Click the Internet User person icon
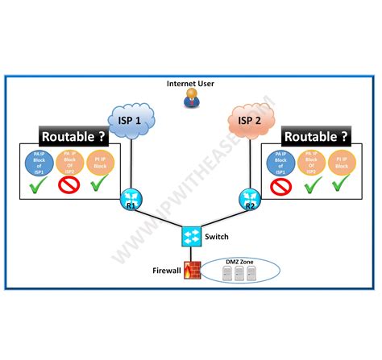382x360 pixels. (x=191, y=97)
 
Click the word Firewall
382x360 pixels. (x=167, y=271)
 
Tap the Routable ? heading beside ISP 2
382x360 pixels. (x=316, y=137)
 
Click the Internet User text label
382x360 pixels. (x=191, y=83)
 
